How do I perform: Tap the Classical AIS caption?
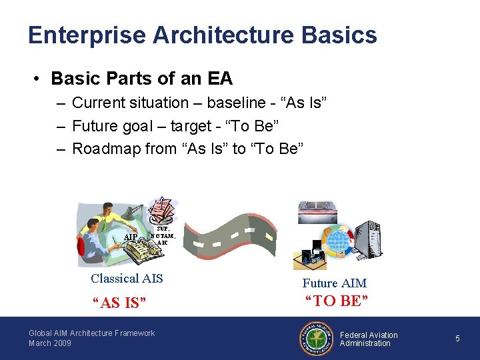(127, 279)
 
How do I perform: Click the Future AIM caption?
(334, 283)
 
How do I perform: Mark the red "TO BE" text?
(337, 301)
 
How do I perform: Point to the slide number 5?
(457, 339)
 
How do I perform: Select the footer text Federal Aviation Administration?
(369, 339)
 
